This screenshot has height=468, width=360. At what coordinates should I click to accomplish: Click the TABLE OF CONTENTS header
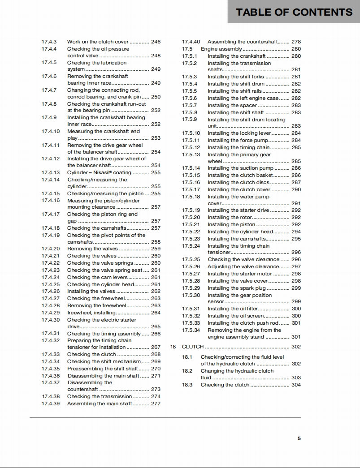(294, 12)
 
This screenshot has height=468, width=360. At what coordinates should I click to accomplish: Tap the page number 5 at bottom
(299, 438)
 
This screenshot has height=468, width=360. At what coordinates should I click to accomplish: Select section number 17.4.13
(51, 172)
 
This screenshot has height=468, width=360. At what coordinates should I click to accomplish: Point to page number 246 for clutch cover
(156, 42)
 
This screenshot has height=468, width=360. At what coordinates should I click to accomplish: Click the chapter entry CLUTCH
(193, 347)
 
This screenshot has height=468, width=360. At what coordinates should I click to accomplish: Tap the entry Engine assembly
(221, 49)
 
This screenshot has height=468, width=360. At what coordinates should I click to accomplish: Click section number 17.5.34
(191, 330)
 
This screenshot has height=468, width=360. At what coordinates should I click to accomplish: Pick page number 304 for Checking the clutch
(296, 385)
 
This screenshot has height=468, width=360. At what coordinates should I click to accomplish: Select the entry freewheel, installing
(91, 313)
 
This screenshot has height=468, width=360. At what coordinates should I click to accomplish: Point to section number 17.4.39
(51, 404)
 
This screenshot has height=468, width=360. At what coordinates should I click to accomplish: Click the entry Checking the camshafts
(97, 228)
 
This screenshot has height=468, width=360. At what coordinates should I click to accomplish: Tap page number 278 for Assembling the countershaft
(296, 42)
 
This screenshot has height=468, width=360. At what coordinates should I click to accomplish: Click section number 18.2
(187, 371)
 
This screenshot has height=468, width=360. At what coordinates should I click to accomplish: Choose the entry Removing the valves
(92, 249)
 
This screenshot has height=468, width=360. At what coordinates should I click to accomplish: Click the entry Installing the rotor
(230, 217)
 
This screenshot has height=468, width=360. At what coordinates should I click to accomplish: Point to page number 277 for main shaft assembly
(156, 404)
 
